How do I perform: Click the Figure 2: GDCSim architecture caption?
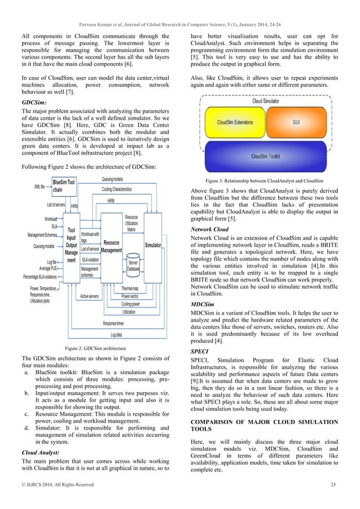pos(96,347)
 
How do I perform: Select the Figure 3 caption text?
pos(264,180)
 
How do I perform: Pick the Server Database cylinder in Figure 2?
pos(134,265)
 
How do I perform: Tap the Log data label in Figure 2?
pos(119,335)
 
